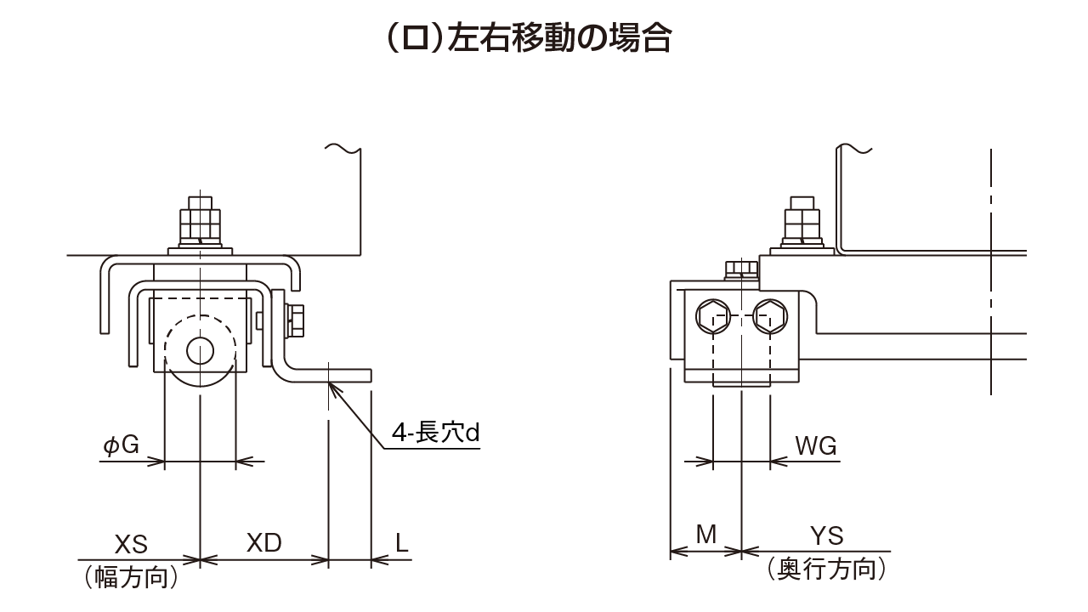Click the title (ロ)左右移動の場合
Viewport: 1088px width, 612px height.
tap(528, 38)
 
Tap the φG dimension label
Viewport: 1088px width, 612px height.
tap(121, 445)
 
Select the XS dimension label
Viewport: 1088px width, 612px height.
tap(131, 542)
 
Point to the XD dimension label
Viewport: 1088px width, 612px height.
tap(263, 542)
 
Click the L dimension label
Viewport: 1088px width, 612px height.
tap(402, 542)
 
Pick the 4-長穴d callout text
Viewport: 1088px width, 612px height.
tap(436, 433)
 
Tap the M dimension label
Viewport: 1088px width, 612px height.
tap(706, 535)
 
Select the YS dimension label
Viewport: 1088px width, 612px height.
tap(826, 535)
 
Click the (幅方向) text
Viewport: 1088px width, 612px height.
tap(131, 577)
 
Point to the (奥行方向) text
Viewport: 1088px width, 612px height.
tap(826, 569)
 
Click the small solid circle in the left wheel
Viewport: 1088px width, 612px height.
tap(201, 350)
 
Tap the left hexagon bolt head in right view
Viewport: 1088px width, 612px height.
tap(711, 317)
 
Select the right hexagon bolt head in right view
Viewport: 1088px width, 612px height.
tap(771, 317)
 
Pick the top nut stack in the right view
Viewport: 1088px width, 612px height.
tap(802, 224)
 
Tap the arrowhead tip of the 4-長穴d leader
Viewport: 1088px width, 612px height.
tap(329, 383)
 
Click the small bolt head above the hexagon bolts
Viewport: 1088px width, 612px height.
tap(741, 269)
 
